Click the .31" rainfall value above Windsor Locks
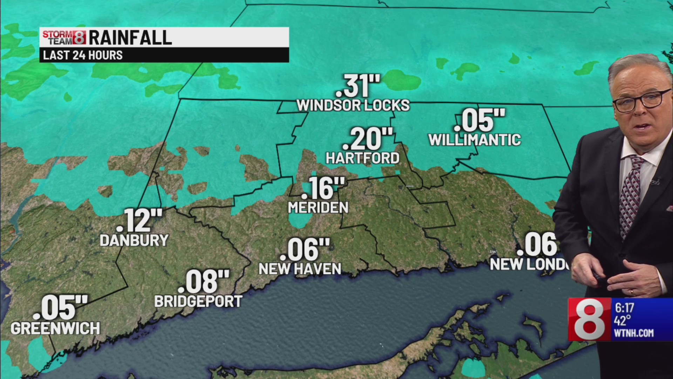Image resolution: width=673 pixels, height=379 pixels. click(x=358, y=86)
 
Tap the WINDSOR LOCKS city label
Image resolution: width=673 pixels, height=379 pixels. click(x=353, y=105)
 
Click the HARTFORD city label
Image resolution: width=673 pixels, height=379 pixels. click(x=362, y=158)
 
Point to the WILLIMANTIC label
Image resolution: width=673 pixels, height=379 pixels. click(x=475, y=140)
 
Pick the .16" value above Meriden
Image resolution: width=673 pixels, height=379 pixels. click(x=322, y=188)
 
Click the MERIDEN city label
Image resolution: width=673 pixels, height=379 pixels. click(x=318, y=207)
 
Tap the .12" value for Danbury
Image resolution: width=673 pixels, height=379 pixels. click(x=139, y=221)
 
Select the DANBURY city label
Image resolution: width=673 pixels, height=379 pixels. click(x=134, y=240)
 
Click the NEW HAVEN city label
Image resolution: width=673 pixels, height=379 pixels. click(x=300, y=269)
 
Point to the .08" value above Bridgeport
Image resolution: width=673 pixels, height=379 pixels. click(x=203, y=281)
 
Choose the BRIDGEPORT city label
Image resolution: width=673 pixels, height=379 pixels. click(x=198, y=301)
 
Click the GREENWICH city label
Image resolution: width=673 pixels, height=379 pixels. click(x=55, y=328)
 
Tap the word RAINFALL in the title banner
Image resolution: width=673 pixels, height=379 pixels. click(x=130, y=38)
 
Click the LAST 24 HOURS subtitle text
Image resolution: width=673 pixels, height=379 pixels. click(x=83, y=55)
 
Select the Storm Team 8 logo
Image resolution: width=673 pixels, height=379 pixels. click(x=64, y=38)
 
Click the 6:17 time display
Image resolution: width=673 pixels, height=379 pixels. click(x=624, y=308)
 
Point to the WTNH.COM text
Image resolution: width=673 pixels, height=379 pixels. click(x=633, y=333)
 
